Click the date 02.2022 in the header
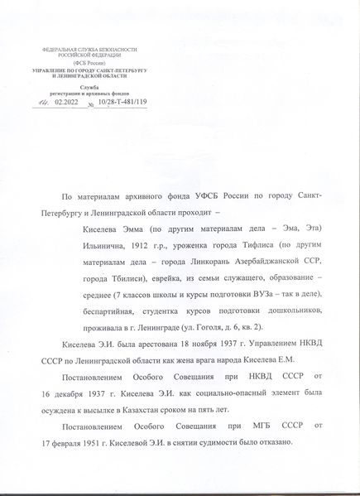(65, 103)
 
